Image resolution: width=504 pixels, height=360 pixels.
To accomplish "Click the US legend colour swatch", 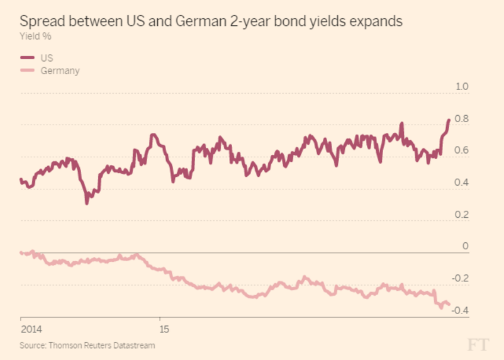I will pos(28,58).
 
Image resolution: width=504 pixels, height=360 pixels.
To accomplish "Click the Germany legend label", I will pos(60,70).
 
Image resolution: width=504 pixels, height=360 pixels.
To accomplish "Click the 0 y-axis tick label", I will pos(466,246).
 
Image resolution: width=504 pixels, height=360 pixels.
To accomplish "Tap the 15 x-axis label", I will pos(164,329).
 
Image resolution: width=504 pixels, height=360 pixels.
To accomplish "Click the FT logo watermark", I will pos(478,344).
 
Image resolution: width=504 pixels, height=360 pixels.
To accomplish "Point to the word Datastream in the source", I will pos(135,345).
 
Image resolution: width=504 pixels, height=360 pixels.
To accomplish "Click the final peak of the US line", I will pos(449,120).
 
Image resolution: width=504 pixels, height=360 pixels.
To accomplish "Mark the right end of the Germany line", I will pos(449,305).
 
